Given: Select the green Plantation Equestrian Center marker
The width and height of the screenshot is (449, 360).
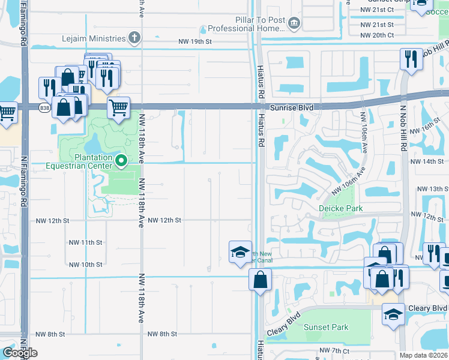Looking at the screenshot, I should click(x=121, y=160).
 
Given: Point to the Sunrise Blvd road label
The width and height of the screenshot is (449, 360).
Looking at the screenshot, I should click(x=292, y=107).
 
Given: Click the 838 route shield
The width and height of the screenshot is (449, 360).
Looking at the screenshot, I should click(x=44, y=107).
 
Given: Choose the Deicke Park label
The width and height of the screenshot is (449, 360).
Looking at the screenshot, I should click(x=340, y=208).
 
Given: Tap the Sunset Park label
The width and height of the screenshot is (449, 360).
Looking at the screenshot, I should click(x=326, y=328).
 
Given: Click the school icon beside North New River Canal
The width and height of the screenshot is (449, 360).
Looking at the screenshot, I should click(x=240, y=252).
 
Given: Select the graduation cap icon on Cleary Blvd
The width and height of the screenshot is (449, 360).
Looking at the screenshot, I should click(x=393, y=314).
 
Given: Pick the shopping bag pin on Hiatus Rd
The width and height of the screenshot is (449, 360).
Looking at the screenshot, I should click(x=260, y=280).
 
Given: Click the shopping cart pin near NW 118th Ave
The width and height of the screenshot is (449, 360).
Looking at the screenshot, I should click(x=119, y=109).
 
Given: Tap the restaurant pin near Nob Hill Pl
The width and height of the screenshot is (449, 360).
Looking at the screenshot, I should click(x=411, y=59).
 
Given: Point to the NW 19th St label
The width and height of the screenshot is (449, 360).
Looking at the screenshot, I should click(x=195, y=41).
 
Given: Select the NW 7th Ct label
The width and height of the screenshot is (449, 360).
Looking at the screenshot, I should click(x=334, y=350).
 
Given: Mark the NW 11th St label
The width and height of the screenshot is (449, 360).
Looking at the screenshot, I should click(x=85, y=242).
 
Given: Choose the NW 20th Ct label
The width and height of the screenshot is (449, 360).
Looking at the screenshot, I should click(x=377, y=35).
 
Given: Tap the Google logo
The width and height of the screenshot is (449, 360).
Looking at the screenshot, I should click(x=20, y=353).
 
